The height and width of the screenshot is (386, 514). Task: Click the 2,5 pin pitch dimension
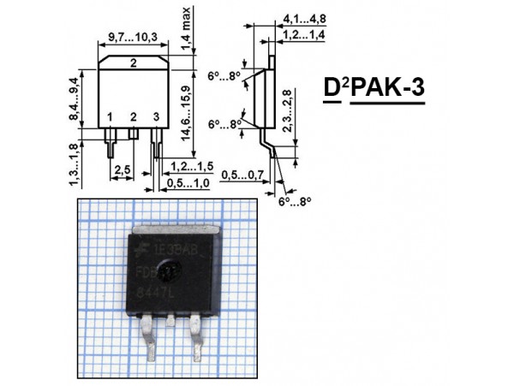[123, 170]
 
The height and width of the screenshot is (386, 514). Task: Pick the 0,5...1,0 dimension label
[189, 182]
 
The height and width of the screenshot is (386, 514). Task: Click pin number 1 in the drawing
[110, 117]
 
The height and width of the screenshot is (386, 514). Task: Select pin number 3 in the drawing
[155, 117]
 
